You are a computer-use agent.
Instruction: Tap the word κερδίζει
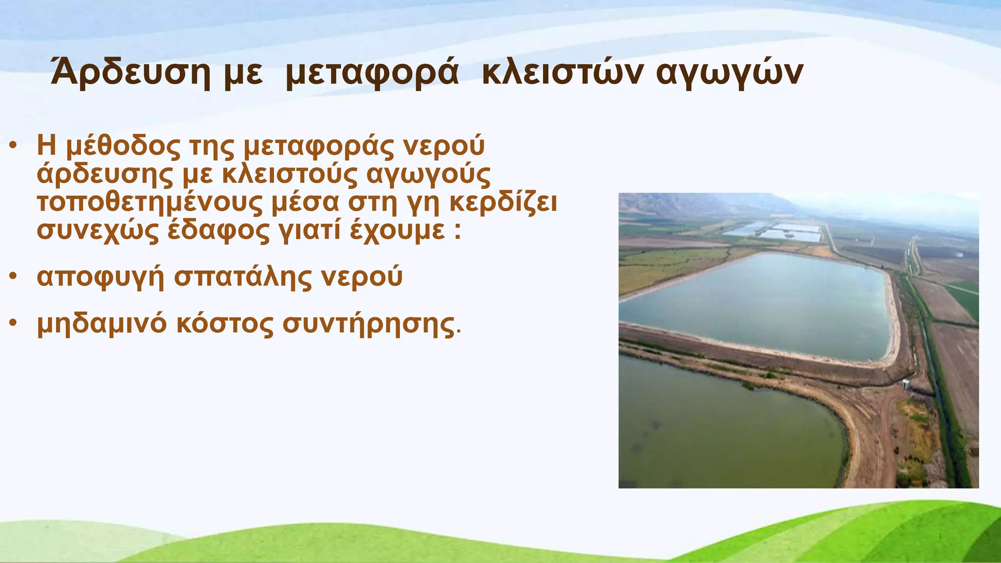(503, 202)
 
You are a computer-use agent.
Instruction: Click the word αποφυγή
(100, 277)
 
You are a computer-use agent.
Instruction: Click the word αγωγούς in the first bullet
(428, 174)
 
